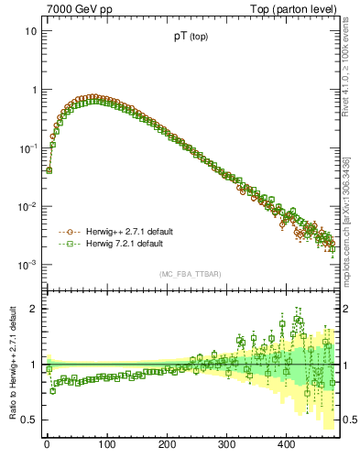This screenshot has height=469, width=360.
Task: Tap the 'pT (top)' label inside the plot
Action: click(191, 38)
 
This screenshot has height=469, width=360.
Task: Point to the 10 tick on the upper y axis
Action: click(31, 31)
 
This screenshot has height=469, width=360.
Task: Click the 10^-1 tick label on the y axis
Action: click(28, 147)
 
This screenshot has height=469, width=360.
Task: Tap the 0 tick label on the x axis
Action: click(47, 444)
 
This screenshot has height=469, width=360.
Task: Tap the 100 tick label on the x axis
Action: click(106, 444)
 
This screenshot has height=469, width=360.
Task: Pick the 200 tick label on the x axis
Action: click(167, 444)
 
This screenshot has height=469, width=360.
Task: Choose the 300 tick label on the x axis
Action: click(226, 444)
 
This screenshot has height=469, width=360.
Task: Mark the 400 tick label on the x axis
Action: click(286, 444)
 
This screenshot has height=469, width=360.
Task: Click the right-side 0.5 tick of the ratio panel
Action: click(348, 420)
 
